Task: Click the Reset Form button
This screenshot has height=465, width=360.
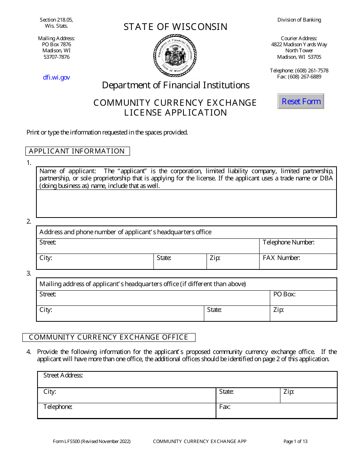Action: coord(301,101)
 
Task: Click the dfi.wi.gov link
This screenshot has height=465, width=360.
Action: coord(56,77)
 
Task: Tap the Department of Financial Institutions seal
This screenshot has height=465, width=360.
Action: coord(175,55)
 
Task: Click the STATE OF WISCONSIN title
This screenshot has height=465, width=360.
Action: coord(175,27)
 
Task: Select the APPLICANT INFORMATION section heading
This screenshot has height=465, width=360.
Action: coord(77,151)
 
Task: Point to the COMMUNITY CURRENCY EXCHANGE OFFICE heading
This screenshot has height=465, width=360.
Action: coord(109,337)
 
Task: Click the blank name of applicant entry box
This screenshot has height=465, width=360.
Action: coord(186,204)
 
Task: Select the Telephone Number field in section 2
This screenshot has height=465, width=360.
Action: coord(298,246)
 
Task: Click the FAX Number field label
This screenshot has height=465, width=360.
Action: coord(281,258)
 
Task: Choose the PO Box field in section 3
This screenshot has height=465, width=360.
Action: coord(303,298)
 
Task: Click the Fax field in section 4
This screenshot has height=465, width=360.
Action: coord(276,411)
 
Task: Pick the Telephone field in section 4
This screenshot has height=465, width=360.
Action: coord(127,411)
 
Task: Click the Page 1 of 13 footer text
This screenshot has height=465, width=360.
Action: coord(295,441)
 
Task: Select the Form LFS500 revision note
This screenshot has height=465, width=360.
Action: coord(92,441)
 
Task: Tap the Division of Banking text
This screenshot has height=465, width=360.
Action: coord(299,20)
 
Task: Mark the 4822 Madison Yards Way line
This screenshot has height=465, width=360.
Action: coord(299,44)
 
